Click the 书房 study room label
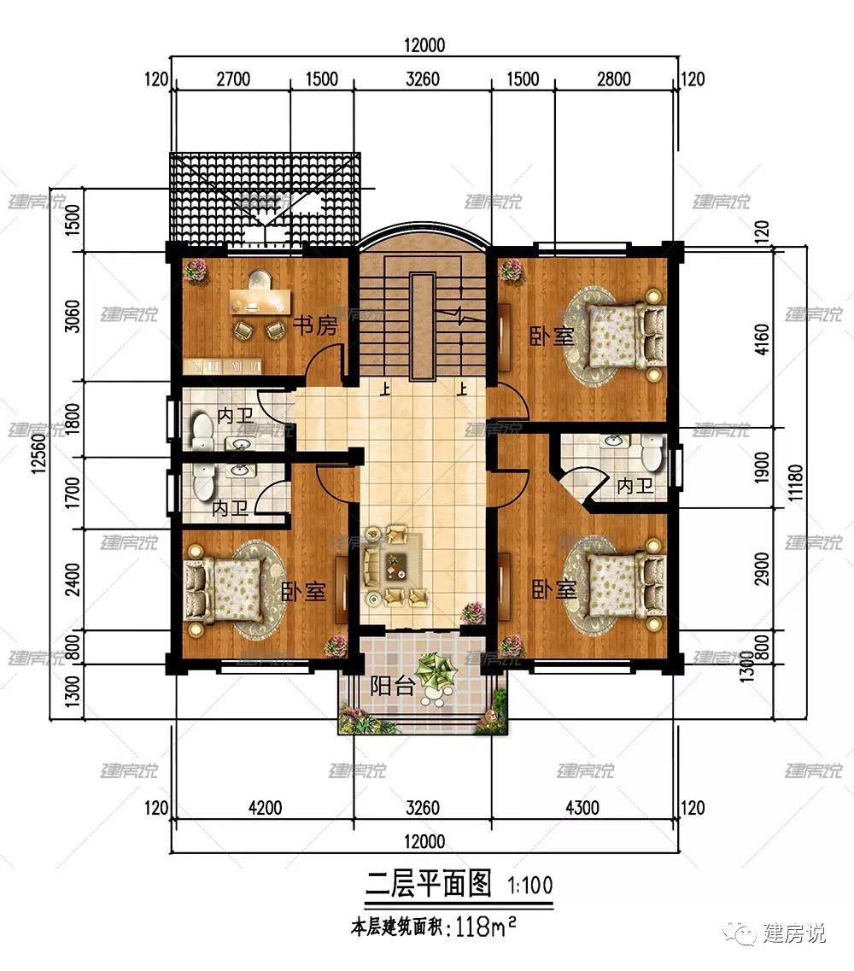[x=315, y=325]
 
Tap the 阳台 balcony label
[x=392, y=686]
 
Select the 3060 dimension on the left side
[x=73, y=316]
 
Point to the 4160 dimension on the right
[x=762, y=339]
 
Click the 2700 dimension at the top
[x=233, y=79]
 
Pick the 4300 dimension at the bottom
[x=582, y=808]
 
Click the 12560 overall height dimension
[x=38, y=453]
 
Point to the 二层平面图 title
[x=429, y=884]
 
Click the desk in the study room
[x=260, y=301]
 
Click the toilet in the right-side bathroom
[x=652, y=452]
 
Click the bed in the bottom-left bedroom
[x=223, y=589]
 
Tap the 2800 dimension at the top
[x=614, y=79]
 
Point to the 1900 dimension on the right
[x=762, y=467]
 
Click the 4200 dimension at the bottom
[x=265, y=808]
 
